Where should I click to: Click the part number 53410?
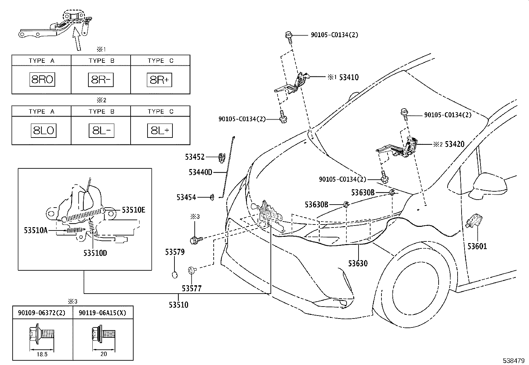point(349,77)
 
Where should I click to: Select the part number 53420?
point(455,144)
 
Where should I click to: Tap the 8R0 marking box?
point(42,79)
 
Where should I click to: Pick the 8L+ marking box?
point(160,130)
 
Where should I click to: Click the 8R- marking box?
point(101,80)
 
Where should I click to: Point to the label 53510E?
point(134,210)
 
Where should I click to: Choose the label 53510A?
point(36,230)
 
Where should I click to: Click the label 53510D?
point(95,253)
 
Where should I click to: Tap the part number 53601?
point(477,246)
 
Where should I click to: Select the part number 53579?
point(175,252)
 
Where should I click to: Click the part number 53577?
point(191,288)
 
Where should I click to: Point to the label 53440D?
point(200,172)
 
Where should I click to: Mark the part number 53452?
point(195,157)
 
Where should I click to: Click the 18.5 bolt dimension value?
point(42,354)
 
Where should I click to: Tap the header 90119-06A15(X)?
point(102,313)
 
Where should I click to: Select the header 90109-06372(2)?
point(42,313)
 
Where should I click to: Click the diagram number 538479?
point(513,361)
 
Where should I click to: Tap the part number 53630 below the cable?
point(358,263)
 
